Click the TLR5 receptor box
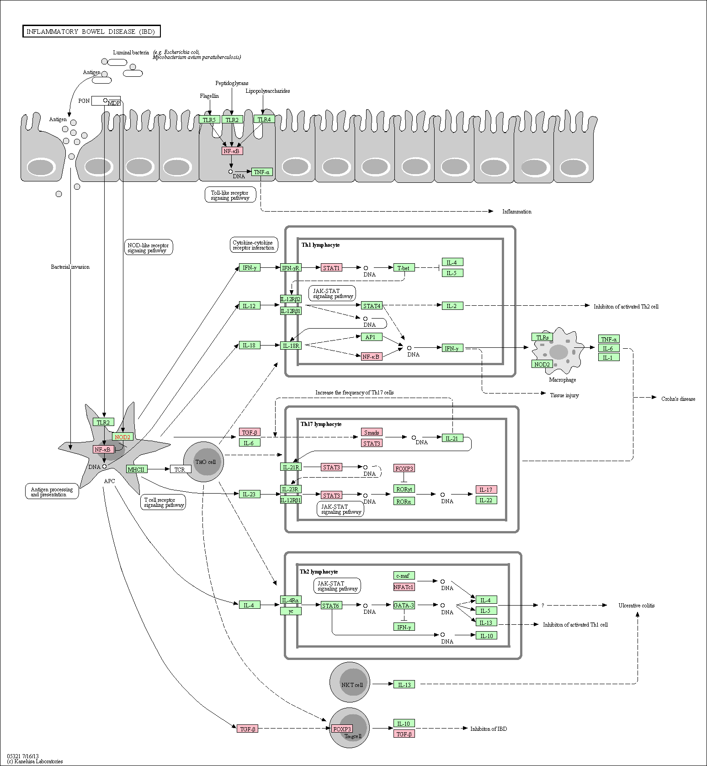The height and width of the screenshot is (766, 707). [209, 120]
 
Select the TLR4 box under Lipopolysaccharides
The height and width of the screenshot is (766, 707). [264, 119]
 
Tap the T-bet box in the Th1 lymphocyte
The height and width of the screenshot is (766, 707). [404, 268]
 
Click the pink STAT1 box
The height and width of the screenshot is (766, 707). [331, 268]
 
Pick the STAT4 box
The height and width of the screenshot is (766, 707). [372, 306]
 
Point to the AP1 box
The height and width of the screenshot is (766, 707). [371, 337]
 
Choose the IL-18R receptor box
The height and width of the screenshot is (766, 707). [291, 346]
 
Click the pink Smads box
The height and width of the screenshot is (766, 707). [372, 432]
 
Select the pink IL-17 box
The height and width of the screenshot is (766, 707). [486, 489]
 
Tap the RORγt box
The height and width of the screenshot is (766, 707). [404, 489]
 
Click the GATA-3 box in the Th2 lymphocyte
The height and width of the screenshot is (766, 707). [404, 605]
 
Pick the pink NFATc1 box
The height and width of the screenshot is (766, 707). [404, 587]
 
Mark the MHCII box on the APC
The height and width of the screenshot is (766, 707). [136, 469]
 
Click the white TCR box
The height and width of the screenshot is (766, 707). [181, 469]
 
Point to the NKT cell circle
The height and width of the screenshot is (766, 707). [350, 682]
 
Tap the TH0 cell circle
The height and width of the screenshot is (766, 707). [203, 462]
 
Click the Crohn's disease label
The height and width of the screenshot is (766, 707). [678, 399]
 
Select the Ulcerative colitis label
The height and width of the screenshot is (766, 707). [637, 606]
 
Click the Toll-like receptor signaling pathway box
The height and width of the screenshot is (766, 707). [230, 195]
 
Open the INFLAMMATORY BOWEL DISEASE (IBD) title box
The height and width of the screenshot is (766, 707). [91, 32]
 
